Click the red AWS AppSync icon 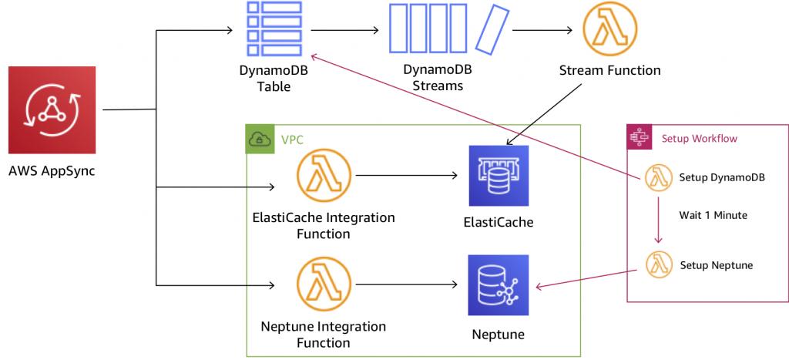point(52,111)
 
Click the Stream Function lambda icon point(610,31)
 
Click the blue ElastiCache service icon point(499,176)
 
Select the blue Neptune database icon point(499,285)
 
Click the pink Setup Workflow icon point(639,138)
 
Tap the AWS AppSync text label point(52,170)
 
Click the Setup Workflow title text point(699,139)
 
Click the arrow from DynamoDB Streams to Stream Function point(542,32)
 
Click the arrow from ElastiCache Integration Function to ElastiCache point(408,176)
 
